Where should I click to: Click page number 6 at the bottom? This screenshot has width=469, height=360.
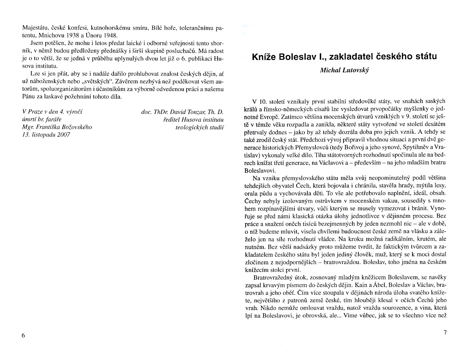(23, 336)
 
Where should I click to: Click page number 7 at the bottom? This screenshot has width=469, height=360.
(445, 332)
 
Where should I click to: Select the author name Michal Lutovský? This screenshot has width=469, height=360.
(344, 70)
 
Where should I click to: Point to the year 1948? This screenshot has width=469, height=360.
(110, 35)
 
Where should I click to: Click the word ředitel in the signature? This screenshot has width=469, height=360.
(171, 120)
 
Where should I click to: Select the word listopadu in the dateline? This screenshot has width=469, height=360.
(42, 135)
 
